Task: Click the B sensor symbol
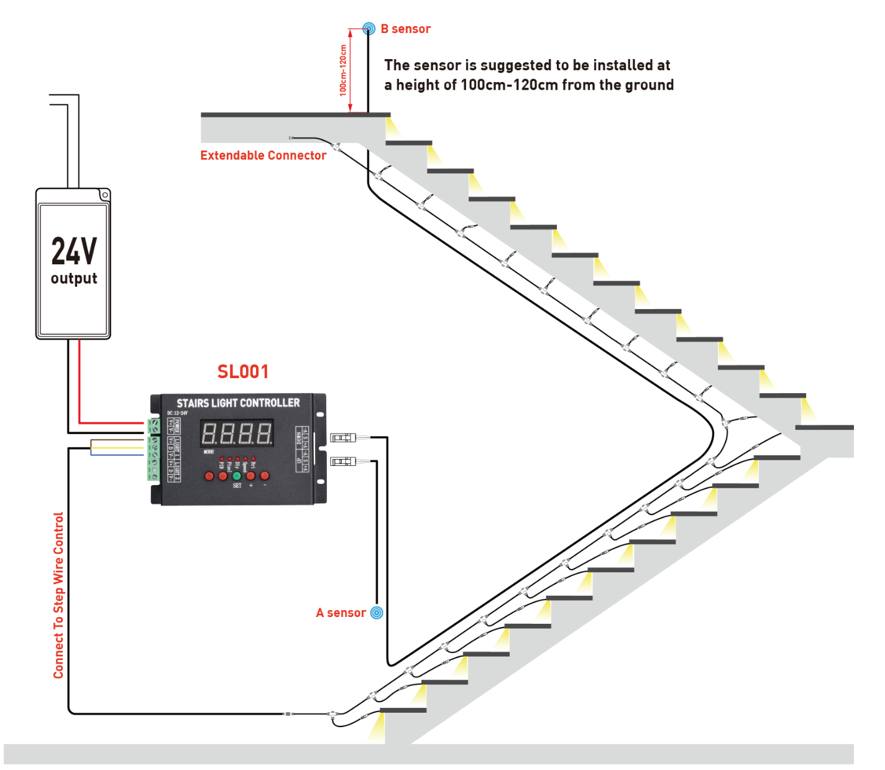(369, 29)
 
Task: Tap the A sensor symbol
(377, 613)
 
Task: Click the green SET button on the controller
(237, 476)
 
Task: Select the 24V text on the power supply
(74, 251)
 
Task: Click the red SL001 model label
(243, 371)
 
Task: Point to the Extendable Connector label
(263, 155)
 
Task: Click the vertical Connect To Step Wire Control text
(58, 595)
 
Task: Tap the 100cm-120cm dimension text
(343, 70)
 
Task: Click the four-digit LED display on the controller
(237, 433)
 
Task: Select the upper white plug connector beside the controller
(343, 438)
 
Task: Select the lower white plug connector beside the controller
(343, 462)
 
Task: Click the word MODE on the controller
(209, 452)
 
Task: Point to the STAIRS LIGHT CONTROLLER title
(238, 403)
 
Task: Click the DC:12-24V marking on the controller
(177, 413)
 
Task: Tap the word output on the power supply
(74, 278)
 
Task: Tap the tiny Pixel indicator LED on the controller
(229, 459)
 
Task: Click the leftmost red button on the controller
(209, 476)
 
